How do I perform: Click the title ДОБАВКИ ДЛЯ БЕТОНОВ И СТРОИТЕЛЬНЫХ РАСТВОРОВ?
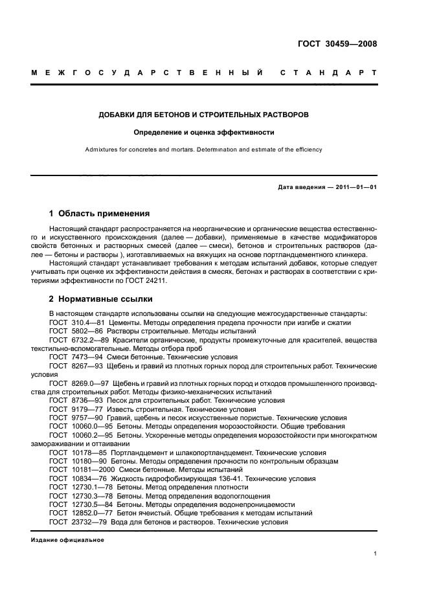[204, 115]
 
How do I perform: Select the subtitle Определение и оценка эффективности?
[204, 132]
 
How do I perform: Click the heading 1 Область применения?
[100, 213]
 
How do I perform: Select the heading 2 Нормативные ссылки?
[101, 300]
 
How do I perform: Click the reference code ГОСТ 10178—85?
[75, 453]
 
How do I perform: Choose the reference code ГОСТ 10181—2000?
[78, 469]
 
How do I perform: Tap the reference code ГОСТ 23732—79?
[75, 521]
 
